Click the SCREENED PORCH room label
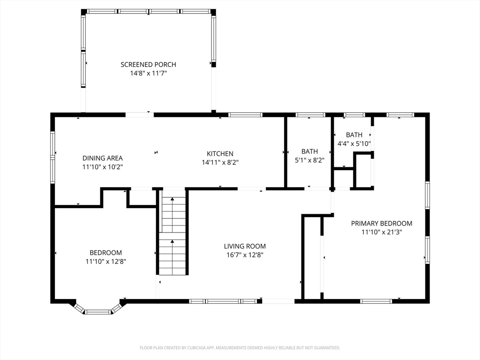[x=148, y=65]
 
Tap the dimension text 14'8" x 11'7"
[x=148, y=74]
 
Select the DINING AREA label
[x=103, y=158]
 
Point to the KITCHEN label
[x=220, y=154]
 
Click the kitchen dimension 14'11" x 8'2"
[x=220, y=163]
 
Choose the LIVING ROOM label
[x=245, y=246]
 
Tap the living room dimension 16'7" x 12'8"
[x=245, y=255]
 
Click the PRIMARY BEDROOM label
[x=382, y=224]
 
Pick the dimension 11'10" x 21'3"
[x=382, y=232]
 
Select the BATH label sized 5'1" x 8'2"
[x=309, y=151]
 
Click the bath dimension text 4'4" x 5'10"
[x=354, y=143]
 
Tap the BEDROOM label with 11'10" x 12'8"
[x=105, y=253]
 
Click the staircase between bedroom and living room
[x=172, y=232]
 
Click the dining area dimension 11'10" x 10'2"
[x=103, y=167]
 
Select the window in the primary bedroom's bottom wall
[x=376, y=301]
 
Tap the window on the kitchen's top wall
[x=245, y=115]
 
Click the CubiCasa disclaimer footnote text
[x=240, y=348]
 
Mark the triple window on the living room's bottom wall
[x=223, y=301]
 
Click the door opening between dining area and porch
[x=140, y=115]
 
